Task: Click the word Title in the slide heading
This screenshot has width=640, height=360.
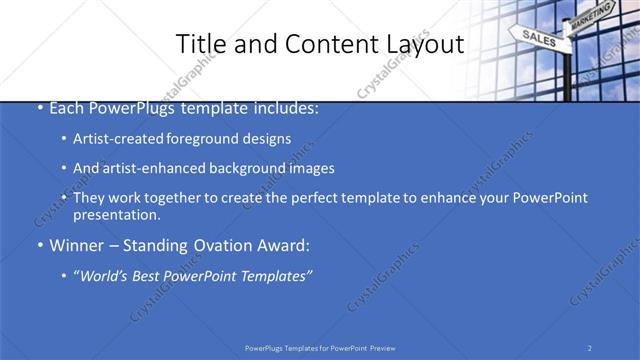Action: (x=199, y=44)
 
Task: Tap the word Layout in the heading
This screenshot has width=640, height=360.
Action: (x=422, y=44)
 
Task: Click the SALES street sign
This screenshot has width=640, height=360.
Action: (x=538, y=38)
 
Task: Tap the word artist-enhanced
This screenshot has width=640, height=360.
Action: (x=155, y=168)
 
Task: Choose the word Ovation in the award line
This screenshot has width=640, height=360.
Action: (x=226, y=245)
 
